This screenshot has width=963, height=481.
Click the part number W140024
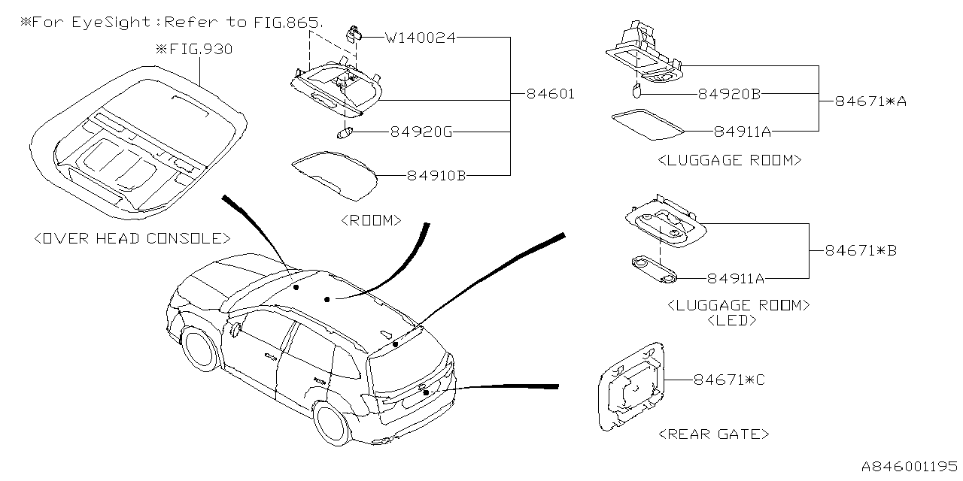point(420,36)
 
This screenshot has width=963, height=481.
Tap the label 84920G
point(421,132)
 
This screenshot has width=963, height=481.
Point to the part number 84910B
point(436,176)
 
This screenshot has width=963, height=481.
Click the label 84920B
point(729,95)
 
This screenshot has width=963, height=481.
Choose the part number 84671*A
point(870,101)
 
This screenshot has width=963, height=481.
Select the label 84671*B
point(861,250)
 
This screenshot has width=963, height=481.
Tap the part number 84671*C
point(729,380)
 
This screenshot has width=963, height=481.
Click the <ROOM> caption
point(371,220)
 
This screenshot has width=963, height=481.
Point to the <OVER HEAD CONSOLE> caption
point(132,238)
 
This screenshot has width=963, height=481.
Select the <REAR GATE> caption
point(713,434)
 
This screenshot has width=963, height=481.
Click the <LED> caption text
point(732,320)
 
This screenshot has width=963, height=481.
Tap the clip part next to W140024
point(353,33)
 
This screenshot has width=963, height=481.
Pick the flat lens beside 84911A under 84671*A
point(648,124)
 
